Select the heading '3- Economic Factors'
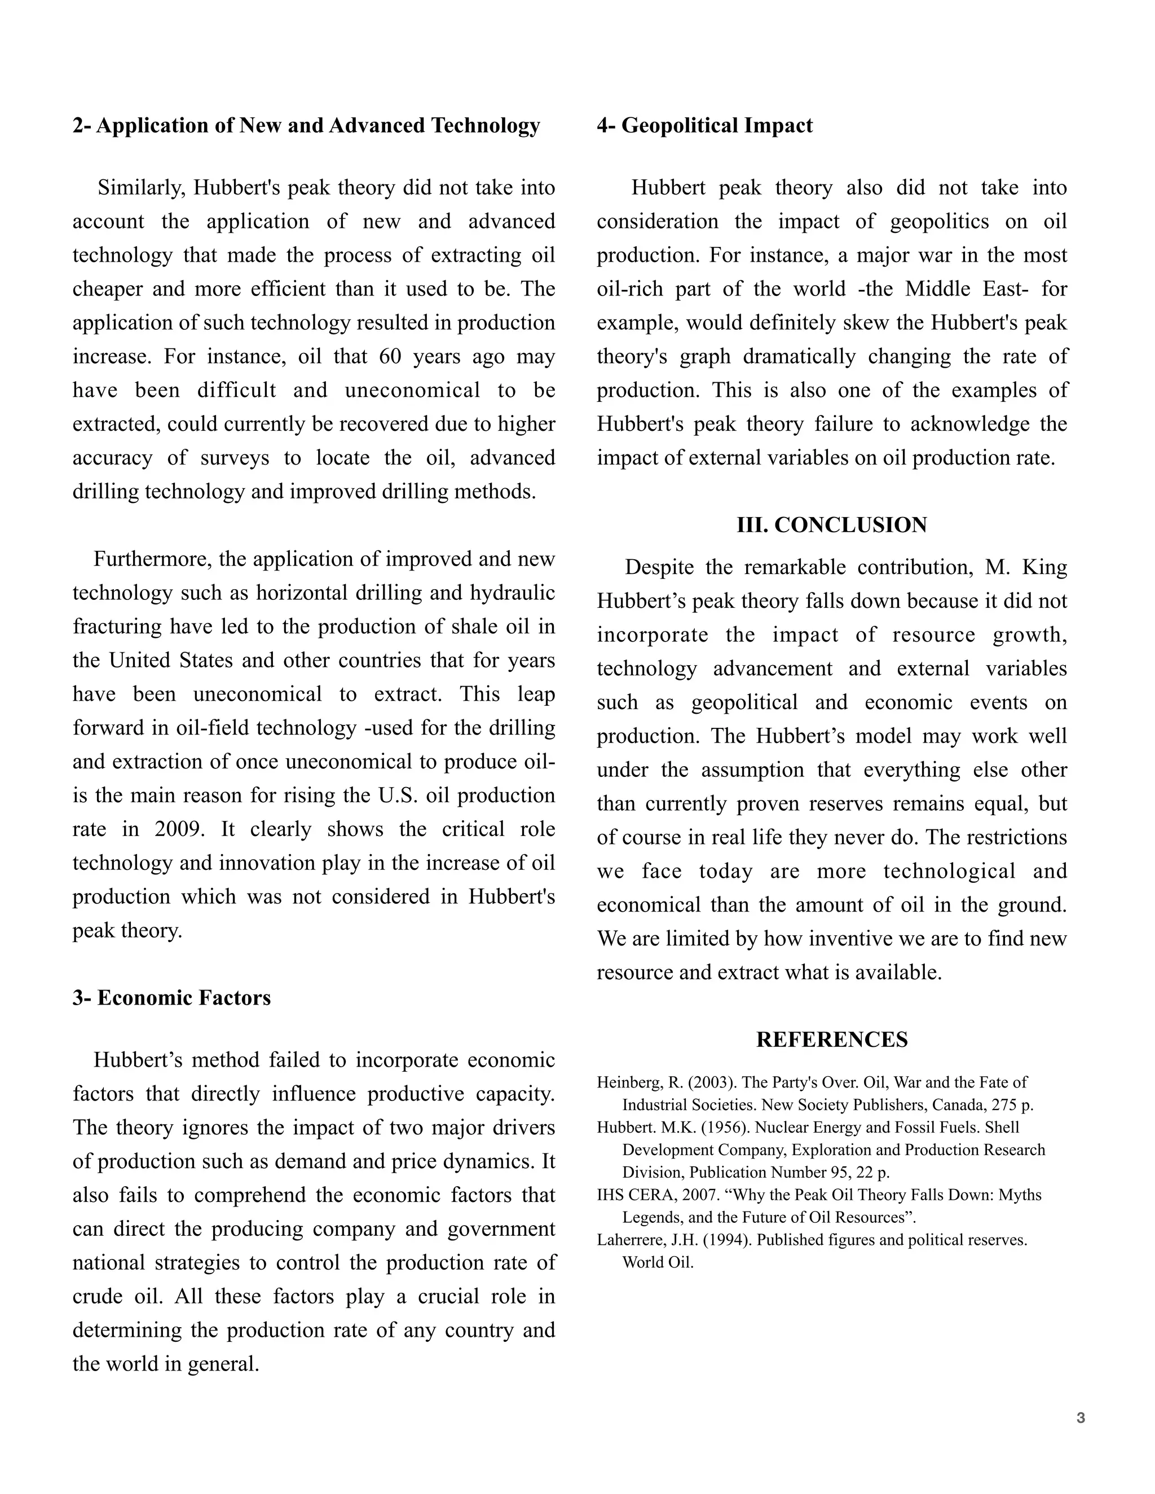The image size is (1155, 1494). (x=172, y=998)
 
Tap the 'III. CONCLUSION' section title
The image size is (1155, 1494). (x=831, y=525)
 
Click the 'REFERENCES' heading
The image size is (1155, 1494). (x=831, y=1040)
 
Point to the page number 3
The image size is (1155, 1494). (x=1081, y=1418)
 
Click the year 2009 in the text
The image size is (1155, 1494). (x=179, y=829)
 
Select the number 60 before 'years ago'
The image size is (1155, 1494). (x=390, y=357)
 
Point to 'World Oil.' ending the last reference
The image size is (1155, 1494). (x=658, y=1263)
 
